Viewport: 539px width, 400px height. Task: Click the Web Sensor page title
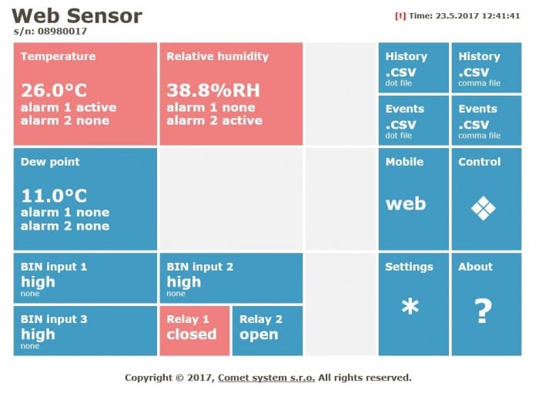point(77,15)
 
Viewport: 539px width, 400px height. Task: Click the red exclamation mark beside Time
point(400,15)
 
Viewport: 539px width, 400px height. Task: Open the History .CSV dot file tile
point(413,68)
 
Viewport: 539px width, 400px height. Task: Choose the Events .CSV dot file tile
point(413,120)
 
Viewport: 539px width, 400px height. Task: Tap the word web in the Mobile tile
point(405,204)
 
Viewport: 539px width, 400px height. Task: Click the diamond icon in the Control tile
point(483,207)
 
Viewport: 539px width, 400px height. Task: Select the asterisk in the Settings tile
point(410,308)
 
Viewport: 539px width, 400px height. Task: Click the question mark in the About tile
point(483,310)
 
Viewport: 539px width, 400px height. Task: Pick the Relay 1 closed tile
point(194,330)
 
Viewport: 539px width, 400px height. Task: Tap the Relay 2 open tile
point(266,330)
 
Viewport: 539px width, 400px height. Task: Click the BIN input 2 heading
point(199,267)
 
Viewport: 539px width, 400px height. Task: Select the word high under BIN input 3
point(38,334)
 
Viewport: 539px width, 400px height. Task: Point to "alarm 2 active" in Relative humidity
point(214,120)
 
